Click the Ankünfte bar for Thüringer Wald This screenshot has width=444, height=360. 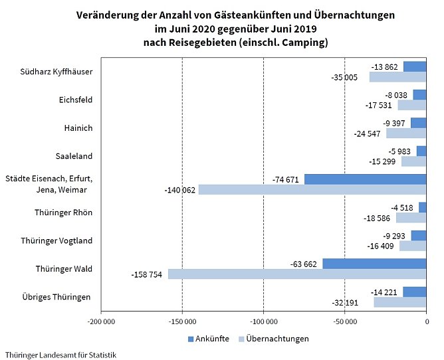(374, 264)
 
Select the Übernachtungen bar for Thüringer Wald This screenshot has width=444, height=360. (297, 274)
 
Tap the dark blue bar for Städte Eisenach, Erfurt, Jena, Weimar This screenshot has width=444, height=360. (365, 179)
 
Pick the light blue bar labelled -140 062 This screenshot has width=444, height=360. (312, 189)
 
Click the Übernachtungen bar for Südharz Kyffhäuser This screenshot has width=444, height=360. (397, 77)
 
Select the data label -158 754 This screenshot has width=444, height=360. (148, 274)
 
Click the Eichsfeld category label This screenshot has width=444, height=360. (76, 100)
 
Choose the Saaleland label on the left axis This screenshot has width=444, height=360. (74, 156)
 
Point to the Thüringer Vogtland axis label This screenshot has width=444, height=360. (64, 240)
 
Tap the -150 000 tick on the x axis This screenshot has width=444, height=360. (182, 322)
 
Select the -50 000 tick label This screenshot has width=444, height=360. (344, 322)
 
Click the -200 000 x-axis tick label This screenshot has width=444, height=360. (101, 322)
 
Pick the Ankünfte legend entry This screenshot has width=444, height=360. (207, 339)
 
